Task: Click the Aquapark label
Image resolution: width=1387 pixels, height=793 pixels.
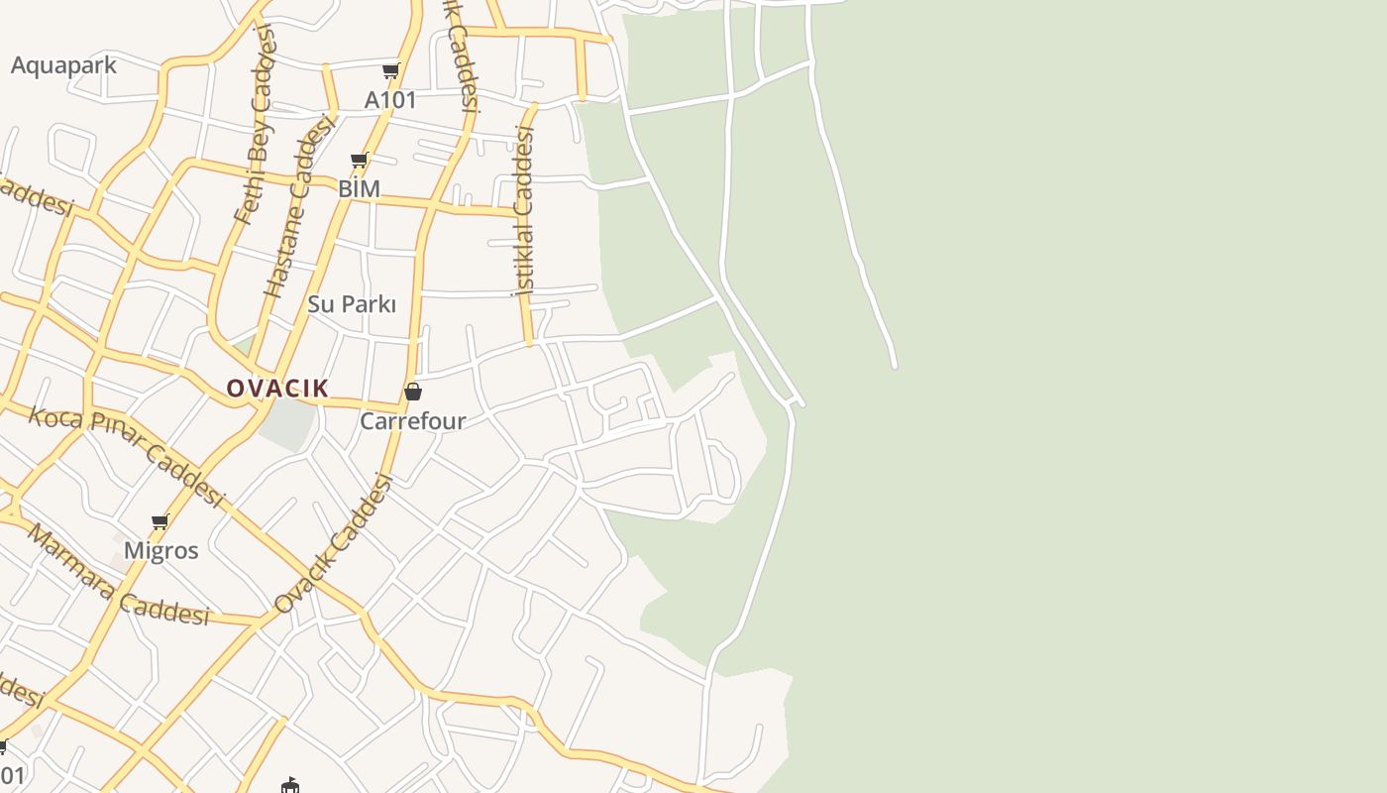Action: click(63, 65)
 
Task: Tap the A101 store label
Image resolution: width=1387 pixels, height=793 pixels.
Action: click(390, 100)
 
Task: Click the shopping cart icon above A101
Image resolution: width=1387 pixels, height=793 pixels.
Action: click(391, 70)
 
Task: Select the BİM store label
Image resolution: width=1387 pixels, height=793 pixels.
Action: click(359, 188)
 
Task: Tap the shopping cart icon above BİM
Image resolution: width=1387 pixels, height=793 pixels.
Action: click(360, 159)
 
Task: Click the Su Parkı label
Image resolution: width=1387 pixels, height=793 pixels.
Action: click(352, 304)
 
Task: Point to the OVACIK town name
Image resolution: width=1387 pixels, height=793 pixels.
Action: click(277, 389)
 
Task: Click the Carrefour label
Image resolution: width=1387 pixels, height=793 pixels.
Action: click(412, 421)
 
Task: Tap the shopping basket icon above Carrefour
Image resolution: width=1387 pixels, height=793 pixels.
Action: click(413, 392)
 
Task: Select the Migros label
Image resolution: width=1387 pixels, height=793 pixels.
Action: click(160, 551)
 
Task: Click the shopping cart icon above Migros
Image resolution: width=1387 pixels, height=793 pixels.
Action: click(160, 521)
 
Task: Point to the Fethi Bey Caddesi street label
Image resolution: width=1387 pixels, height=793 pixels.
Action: click(254, 124)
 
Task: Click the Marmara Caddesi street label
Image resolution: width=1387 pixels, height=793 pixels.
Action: click(118, 576)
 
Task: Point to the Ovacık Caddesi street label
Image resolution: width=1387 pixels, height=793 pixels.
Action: click(334, 544)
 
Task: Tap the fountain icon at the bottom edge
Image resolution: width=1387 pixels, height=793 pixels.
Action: click(290, 785)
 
